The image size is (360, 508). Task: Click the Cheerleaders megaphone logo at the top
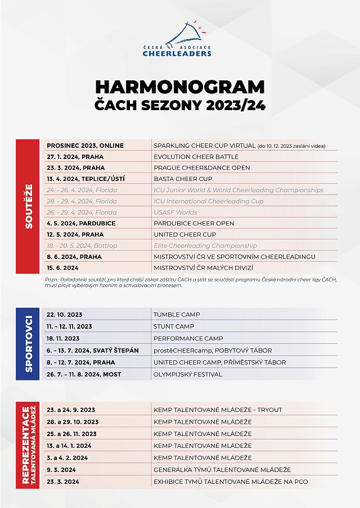click(x=179, y=39)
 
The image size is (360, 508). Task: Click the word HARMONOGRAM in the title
click(x=179, y=87)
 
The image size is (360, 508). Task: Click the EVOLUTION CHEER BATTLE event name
click(x=196, y=157)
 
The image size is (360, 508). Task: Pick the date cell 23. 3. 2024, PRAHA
click(x=75, y=167)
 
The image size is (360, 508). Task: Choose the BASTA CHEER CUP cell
click(x=183, y=179)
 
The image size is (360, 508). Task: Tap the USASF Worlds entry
click(x=175, y=212)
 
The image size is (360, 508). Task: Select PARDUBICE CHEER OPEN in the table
click(x=193, y=223)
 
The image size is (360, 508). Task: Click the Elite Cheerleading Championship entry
click(x=205, y=246)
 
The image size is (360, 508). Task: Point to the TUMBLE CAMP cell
click(x=177, y=315)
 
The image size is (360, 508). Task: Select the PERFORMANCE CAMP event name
click(x=188, y=338)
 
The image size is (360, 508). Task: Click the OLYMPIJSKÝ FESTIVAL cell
click(x=188, y=374)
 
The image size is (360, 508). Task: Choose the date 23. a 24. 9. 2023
click(x=71, y=410)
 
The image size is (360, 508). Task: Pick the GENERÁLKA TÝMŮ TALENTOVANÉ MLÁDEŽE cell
click(x=222, y=470)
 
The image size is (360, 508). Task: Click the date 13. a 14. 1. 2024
click(x=69, y=446)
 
